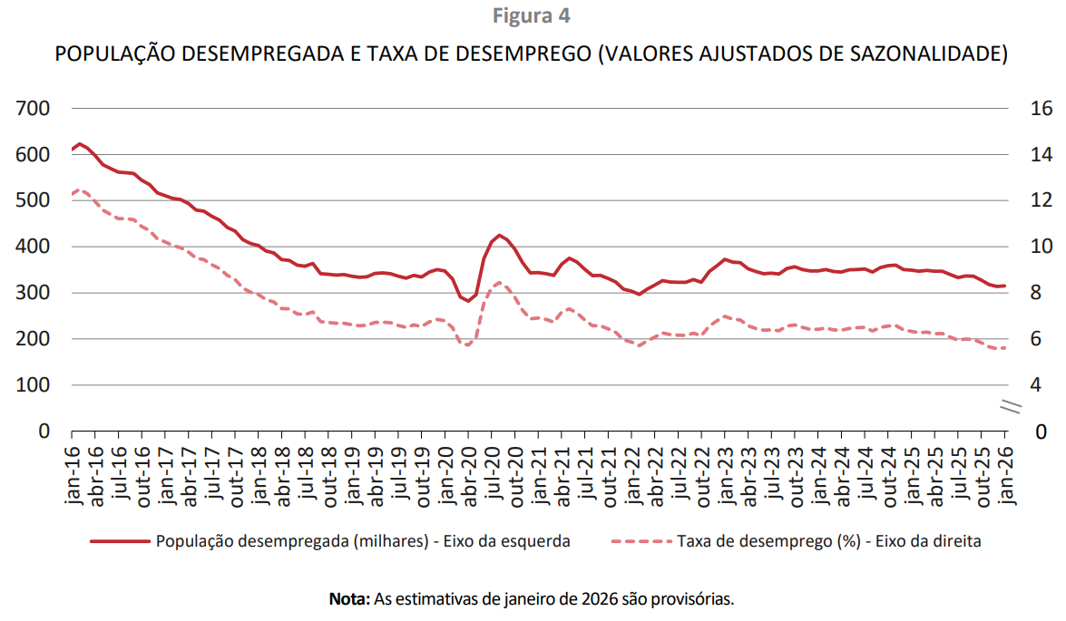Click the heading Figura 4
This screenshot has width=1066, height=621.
pyautogui.click(x=532, y=16)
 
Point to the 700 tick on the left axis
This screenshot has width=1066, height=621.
pyautogui.click(x=34, y=109)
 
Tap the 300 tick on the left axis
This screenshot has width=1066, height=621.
pyautogui.click(x=34, y=293)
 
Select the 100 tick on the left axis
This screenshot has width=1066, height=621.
pyautogui.click(x=34, y=385)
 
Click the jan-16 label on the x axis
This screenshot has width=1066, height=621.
pyautogui.click(x=73, y=477)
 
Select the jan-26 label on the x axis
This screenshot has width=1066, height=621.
pyautogui.click(x=1004, y=477)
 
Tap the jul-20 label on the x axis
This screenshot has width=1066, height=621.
pyautogui.click(x=492, y=477)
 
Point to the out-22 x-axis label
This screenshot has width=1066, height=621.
pyautogui.click(x=701, y=477)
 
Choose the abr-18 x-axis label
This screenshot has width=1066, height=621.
pyautogui.click(x=282, y=477)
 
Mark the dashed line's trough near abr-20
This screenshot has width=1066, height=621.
pyautogui.click(x=467, y=345)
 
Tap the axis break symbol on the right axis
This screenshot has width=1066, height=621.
pyautogui.click(x=1010, y=408)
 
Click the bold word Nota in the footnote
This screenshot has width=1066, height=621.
pyautogui.click(x=348, y=599)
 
